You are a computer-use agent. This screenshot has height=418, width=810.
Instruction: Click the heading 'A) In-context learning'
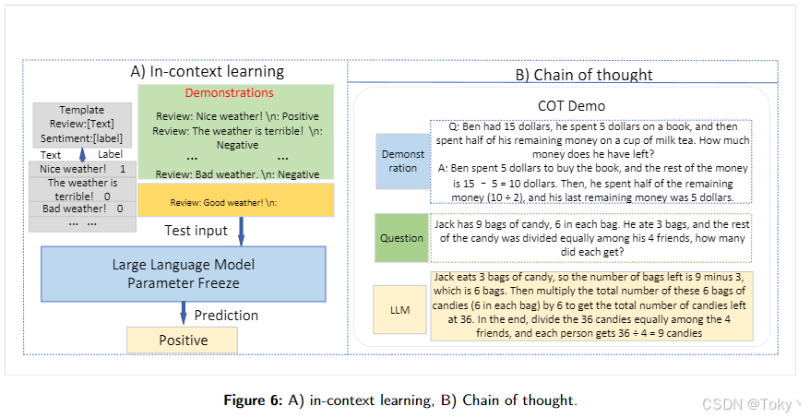(x=206, y=71)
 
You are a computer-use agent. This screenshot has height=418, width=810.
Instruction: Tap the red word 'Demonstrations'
(x=229, y=93)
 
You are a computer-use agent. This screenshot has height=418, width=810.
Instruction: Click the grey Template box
(x=82, y=125)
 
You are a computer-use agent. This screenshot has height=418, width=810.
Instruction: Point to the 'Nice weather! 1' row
(x=83, y=170)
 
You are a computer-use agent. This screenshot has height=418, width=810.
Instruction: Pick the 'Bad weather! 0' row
(x=83, y=209)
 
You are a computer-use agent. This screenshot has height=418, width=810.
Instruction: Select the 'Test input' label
(x=196, y=230)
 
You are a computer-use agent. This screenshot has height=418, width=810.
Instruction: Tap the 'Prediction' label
(x=225, y=315)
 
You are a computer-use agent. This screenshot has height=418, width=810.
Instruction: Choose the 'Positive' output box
(x=183, y=340)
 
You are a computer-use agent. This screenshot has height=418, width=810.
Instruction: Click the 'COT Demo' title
(x=571, y=106)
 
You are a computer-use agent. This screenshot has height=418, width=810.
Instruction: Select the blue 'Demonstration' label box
(x=404, y=161)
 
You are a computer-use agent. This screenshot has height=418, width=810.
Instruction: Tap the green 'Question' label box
(x=402, y=237)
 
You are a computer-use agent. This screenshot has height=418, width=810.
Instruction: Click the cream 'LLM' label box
(x=401, y=309)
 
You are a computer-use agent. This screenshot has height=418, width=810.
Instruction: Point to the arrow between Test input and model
(x=242, y=231)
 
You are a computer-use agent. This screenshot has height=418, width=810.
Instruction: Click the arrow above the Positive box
(x=183, y=315)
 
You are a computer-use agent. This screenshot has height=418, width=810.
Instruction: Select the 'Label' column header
(x=111, y=155)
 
